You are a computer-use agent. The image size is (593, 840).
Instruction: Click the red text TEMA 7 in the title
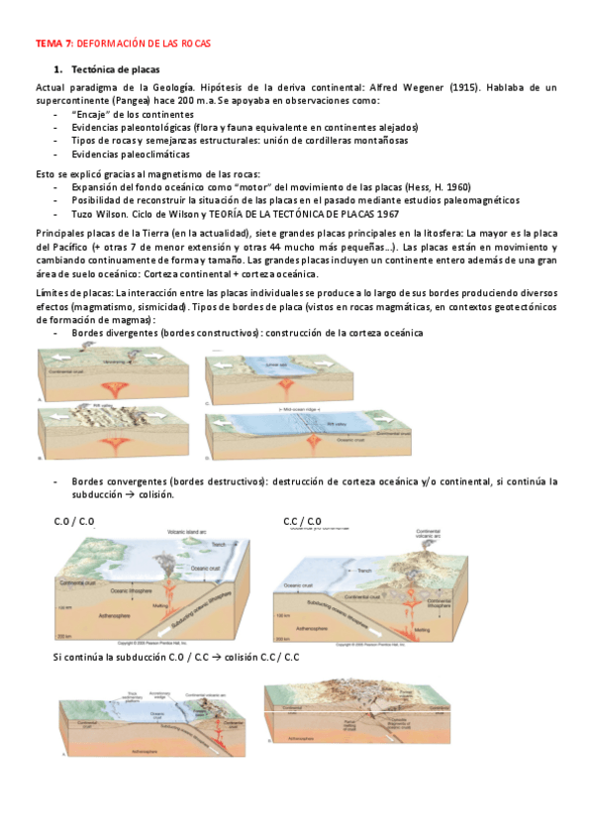pyautogui.click(x=53, y=45)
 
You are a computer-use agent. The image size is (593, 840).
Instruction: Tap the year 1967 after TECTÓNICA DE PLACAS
pyautogui.click(x=389, y=213)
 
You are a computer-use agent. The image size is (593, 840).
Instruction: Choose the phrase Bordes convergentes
pyautogui.click(x=120, y=481)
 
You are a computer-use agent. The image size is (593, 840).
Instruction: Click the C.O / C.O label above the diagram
pyautogui.click(x=74, y=521)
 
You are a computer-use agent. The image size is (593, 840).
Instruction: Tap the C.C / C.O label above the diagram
pyautogui.click(x=302, y=521)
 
